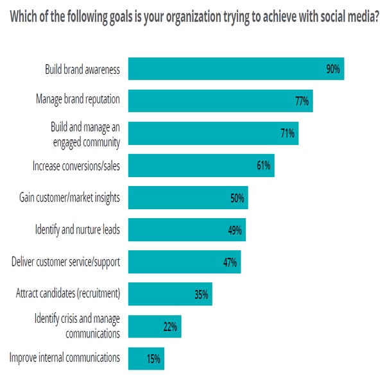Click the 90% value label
pos(332,69)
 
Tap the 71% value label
pos(287,133)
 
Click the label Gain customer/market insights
pos(69,198)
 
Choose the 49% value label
pos(234,230)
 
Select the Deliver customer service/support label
pos(66,262)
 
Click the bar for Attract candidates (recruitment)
pos(170,295)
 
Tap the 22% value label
pos(170,327)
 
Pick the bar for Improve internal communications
pos(146,358)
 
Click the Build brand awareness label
pos(82,69)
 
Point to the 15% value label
pos(153,358)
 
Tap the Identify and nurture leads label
pos(77,230)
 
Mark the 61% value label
pos(263,166)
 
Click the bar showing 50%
pos(188,198)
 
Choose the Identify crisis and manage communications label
pos(77,326)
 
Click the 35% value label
pos(201,295)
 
